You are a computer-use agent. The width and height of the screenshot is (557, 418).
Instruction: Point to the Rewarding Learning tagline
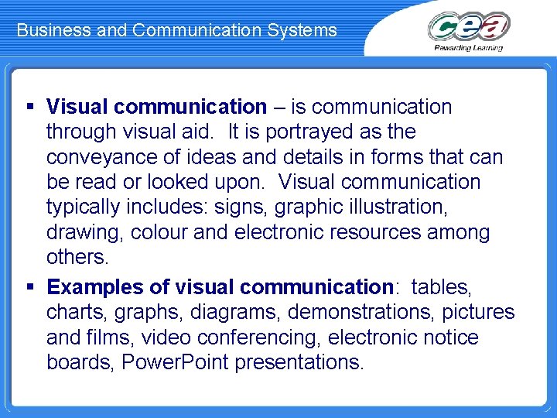(469, 47)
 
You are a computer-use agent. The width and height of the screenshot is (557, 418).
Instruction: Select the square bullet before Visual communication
(30, 106)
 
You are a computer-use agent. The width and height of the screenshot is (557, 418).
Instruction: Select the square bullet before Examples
(30, 287)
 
